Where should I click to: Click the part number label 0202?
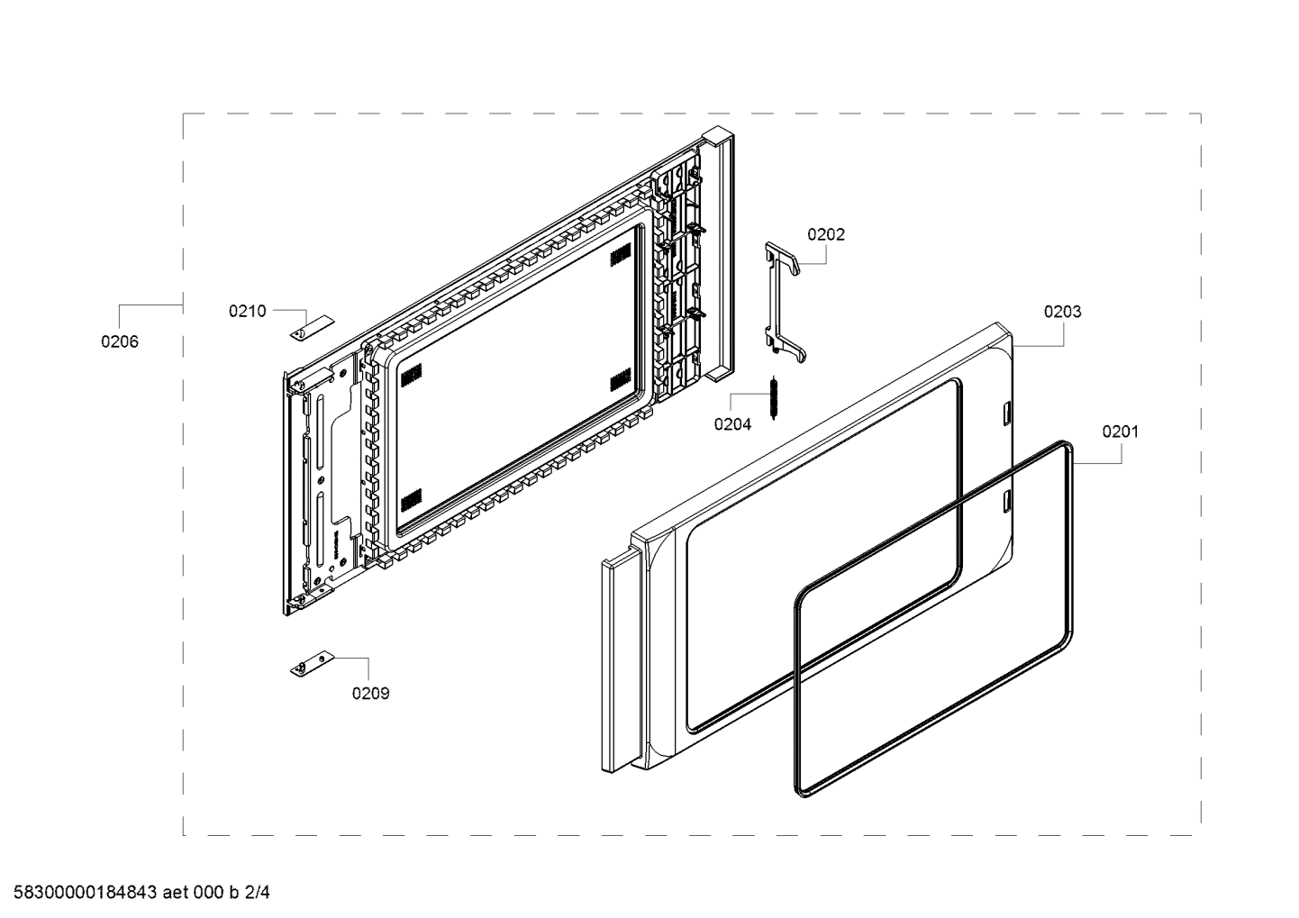[825, 234]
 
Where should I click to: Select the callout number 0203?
[1062, 312]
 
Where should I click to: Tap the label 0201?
[1120, 432]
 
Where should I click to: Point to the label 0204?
[731, 424]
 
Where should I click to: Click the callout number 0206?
[120, 341]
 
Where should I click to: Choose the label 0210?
[247, 311]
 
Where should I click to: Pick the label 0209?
[370, 693]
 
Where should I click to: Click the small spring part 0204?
[773, 397]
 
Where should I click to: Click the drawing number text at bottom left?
[136, 893]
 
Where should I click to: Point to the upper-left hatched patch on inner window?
[411, 374]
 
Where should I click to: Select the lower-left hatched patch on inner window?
[411, 498]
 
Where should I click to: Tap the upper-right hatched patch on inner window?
[620, 258]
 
